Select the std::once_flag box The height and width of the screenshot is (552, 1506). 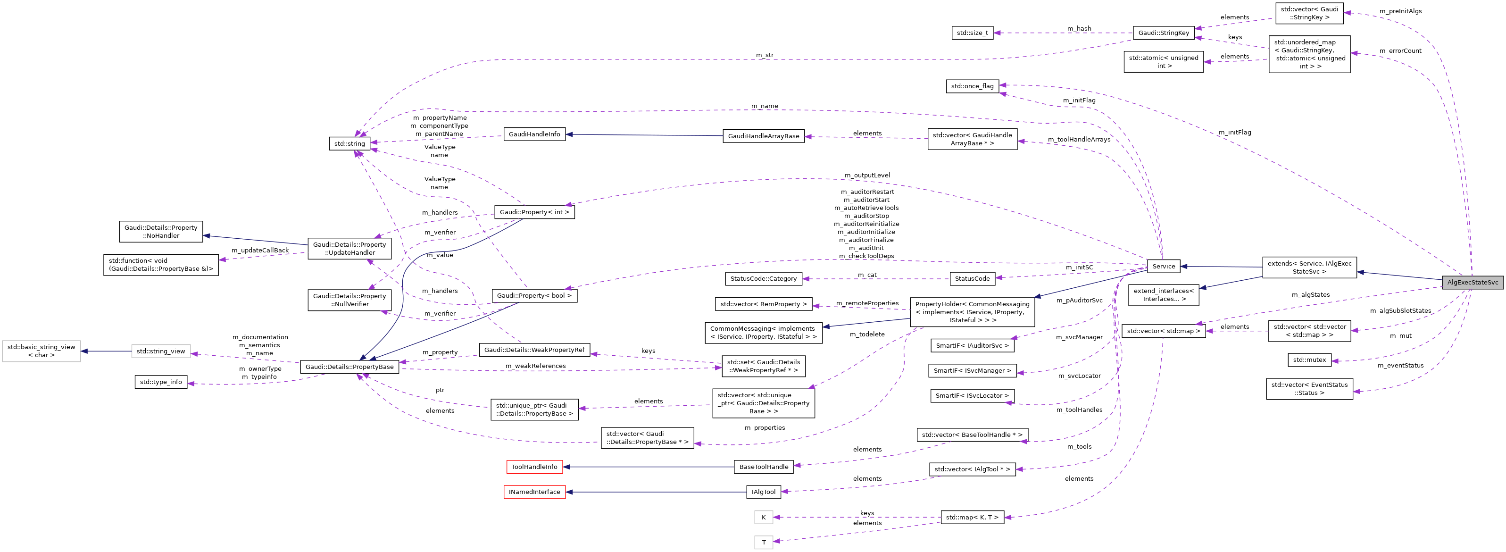(972, 86)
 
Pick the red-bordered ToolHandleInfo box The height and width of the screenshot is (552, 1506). (534, 467)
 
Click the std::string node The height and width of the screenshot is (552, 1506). (349, 144)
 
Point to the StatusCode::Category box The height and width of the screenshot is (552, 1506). (763, 279)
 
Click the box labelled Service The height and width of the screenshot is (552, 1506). (1164, 267)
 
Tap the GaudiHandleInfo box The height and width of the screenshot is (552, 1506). (534, 134)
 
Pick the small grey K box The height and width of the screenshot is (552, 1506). (763, 518)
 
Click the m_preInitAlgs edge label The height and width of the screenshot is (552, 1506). (1400, 11)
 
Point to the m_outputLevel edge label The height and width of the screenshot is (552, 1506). (866, 176)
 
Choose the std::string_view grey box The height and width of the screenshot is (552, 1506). (161, 351)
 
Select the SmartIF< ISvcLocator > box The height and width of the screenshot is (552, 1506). (972, 396)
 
